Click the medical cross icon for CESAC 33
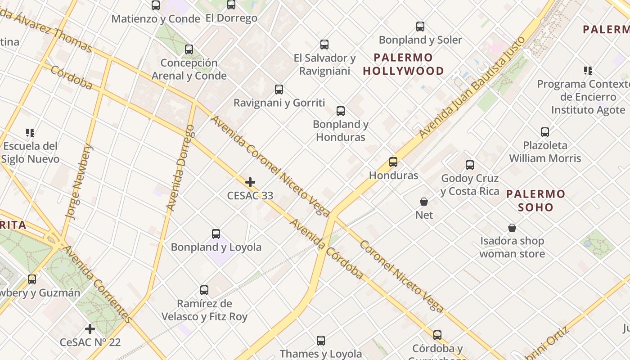pyautogui.click(x=250, y=182)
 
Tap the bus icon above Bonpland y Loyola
pyautogui.click(x=216, y=234)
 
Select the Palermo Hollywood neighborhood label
pyautogui.click(x=403, y=64)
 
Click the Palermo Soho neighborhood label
pyautogui.click(x=535, y=201)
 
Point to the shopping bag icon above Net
pyautogui.click(x=424, y=201)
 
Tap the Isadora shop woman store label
pyautogui.click(x=512, y=247)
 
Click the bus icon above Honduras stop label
pyautogui.click(x=393, y=162)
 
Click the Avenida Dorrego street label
pyautogui.click(x=180, y=168)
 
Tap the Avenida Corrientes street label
pyautogui.click(x=97, y=283)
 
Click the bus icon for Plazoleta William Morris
pyautogui.click(x=545, y=132)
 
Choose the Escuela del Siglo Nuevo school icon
pyautogui.click(x=30, y=133)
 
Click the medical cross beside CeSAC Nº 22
pyautogui.click(x=90, y=329)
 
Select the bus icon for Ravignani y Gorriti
pyautogui.click(x=279, y=90)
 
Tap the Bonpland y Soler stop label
pyautogui.click(x=420, y=40)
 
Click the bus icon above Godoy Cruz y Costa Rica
pyautogui.click(x=470, y=165)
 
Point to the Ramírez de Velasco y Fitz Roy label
pyautogui.click(x=204, y=310)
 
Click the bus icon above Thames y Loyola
pyautogui.click(x=321, y=341)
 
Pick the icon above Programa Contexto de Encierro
pyautogui.click(x=588, y=71)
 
